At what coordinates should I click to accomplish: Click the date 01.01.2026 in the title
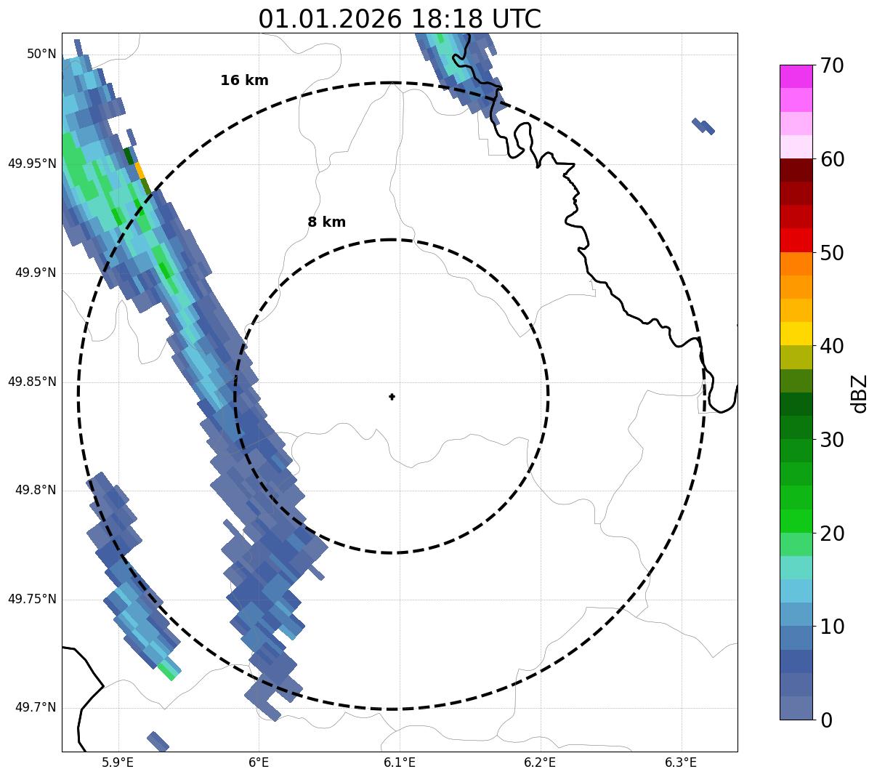(x=329, y=19)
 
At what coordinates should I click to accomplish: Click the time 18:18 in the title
(x=439, y=19)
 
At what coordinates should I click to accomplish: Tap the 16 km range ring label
(x=244, y=81)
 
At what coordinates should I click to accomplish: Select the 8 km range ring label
(x=326, y=222)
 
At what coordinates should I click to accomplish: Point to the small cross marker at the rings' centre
(x=392, y=396)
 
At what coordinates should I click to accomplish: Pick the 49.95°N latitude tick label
(x=32, y=164)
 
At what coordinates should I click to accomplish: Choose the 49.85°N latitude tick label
(x=32, y=382)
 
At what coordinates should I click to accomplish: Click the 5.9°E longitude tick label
(x=118, y=762)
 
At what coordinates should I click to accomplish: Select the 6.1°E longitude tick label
(x=400, y=762)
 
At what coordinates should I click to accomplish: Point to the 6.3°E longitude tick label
(x=681, y=762)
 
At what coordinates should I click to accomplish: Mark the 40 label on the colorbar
(x=831, y=347)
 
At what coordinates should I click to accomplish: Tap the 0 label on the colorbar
(x=826, y=720)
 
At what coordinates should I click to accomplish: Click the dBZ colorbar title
(x=860, y=394)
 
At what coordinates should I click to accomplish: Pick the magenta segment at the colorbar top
(x=796, y=76)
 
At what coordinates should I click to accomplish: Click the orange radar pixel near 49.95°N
(x=140, y=170)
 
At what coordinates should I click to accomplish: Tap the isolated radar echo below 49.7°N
(x=158, y=741)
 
